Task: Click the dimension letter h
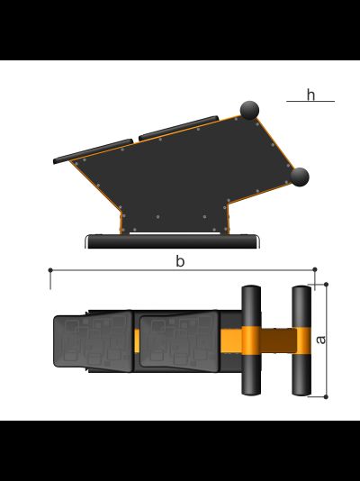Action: (x=310, y=95)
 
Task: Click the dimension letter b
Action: (x=180, y=261)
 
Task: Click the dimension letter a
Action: (x=320, y=340)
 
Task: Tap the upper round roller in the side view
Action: (x=249, y=110)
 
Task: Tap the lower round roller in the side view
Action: (x=300, y=177)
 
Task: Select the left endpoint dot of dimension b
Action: (x=50, y=270)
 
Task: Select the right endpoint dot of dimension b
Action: (x=315, y=269)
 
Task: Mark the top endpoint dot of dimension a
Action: (x=326, y=285)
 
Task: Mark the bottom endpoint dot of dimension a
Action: (x=326, y=396)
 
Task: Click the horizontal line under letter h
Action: (x=310, y=101)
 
